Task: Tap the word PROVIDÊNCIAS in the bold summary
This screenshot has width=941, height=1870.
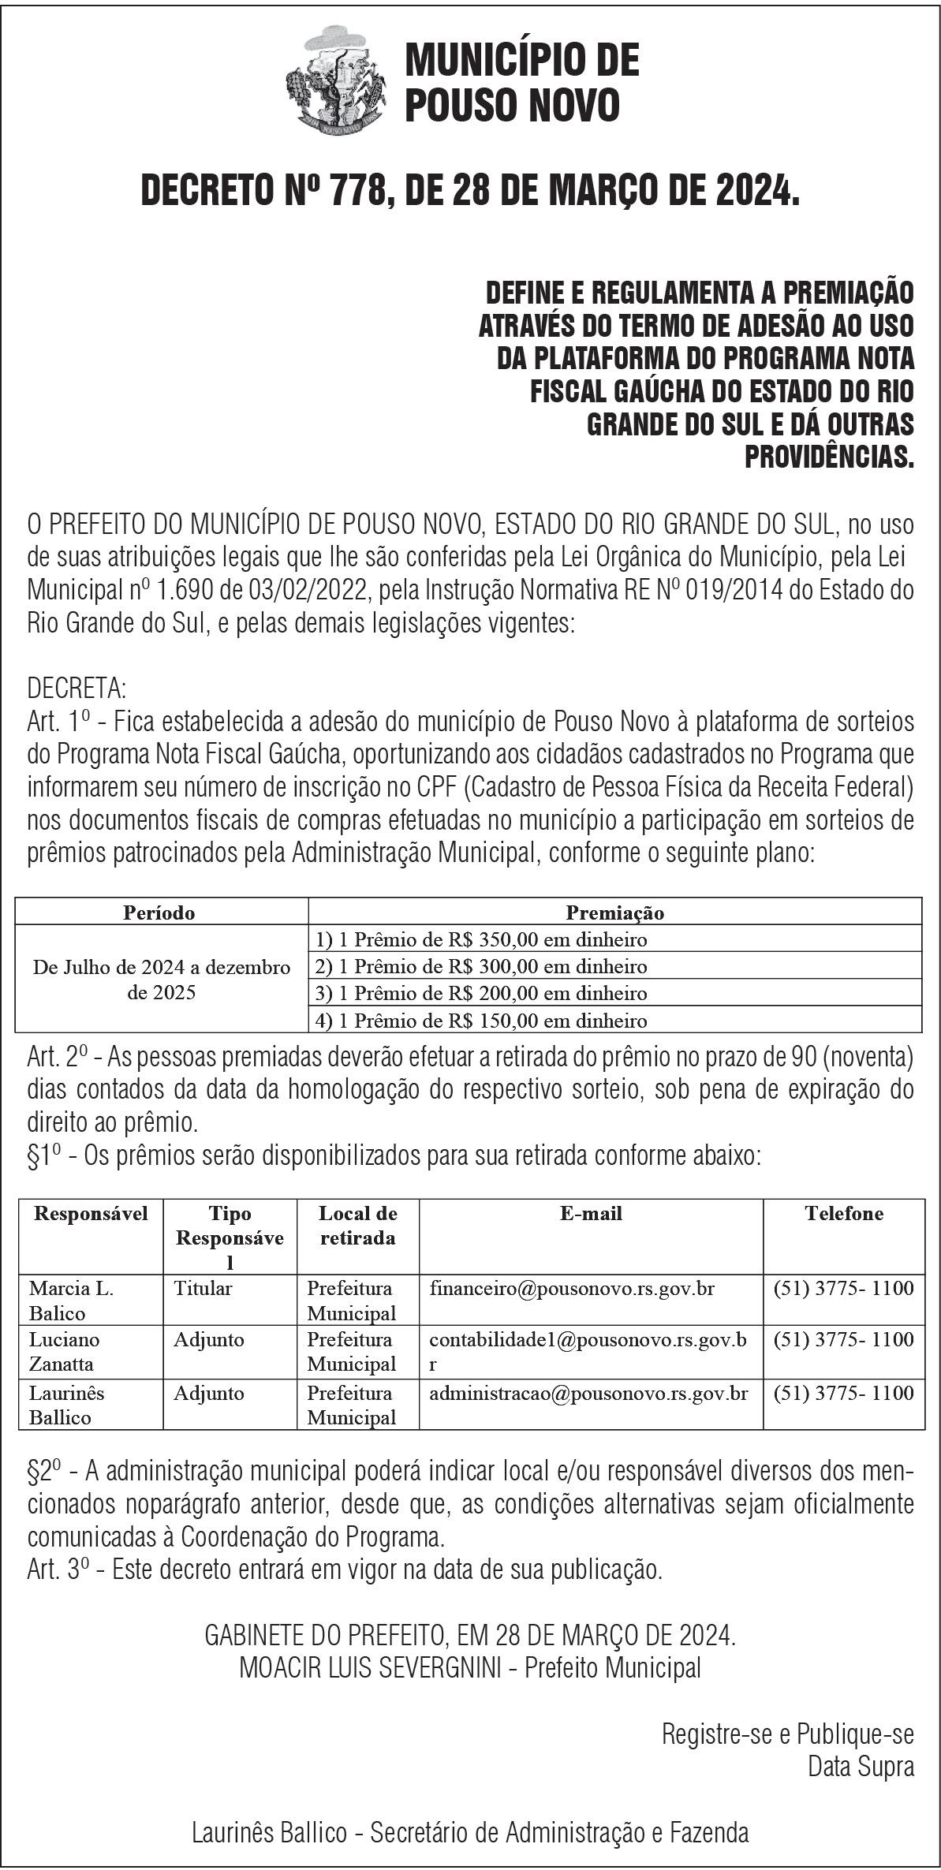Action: [x=829, y=457]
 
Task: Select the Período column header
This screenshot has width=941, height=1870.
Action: [x=159, y=913]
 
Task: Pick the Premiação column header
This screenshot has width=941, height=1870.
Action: [x=614, y=913]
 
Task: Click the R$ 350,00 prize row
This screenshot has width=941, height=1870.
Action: [x=481, y=939]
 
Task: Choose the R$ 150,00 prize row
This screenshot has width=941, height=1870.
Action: [x=481, y=1021]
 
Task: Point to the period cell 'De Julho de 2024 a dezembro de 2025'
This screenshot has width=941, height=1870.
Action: [x=161, y=979]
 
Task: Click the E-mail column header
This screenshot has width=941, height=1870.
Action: [x=591, y=1213]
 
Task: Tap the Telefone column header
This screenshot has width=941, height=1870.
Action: [x=843, y=1213]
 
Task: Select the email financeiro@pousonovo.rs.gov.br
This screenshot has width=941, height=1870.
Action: [x=572, y=1289]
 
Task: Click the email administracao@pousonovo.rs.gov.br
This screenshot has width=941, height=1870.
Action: [x=588, y=1393]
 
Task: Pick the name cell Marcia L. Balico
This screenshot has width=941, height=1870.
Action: [x=71, y=1301]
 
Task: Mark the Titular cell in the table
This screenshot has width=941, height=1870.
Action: [x=203, y=1289]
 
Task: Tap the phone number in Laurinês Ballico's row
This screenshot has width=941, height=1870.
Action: [x=843, y=1393]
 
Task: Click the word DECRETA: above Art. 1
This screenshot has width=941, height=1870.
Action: [x=77, y=689]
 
